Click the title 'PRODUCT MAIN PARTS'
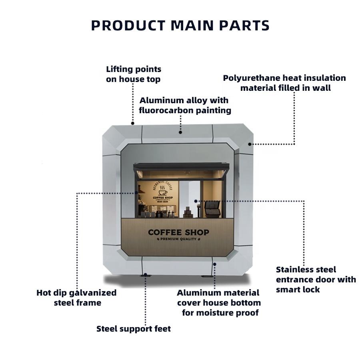(180, 26)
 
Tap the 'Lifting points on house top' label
(133, 74)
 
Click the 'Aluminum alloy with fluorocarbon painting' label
(184, 105)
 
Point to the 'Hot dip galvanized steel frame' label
(76, 298)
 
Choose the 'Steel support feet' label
(134, 329)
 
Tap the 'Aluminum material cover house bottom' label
(219, 303)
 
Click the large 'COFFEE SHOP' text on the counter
(178, 232)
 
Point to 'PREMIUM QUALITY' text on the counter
(178, 239)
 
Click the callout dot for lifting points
(133, 123)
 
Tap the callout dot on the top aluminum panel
(180, 132)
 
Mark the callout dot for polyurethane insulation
(250, 144)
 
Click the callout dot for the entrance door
(196, 201)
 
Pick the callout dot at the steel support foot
(146, 275)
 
